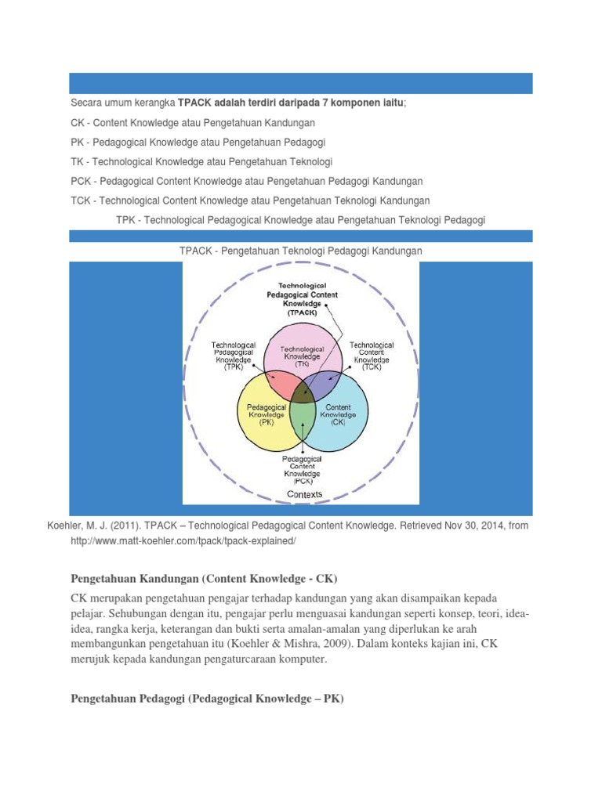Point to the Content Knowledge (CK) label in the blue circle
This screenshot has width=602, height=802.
339,413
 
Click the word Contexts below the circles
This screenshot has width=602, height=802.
304,494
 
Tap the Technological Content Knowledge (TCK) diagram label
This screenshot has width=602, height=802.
372,355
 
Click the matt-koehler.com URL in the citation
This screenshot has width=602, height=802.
183,541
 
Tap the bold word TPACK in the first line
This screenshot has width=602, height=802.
194,103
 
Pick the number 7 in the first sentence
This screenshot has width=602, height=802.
332,103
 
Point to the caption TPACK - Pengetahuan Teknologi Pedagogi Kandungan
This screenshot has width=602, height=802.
301,251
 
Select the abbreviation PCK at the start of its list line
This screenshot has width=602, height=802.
80,180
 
